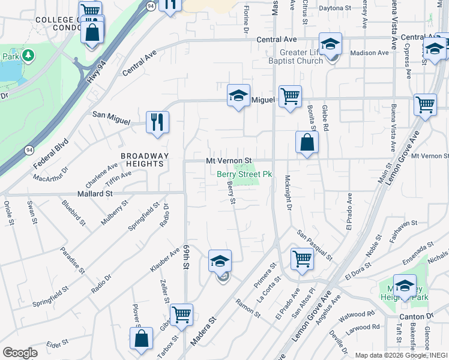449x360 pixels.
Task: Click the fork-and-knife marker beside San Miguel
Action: [157, 121]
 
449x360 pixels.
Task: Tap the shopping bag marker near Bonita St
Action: [307, 143]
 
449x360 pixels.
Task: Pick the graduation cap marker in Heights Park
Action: [405, 285]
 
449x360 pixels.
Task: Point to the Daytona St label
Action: [334, 8]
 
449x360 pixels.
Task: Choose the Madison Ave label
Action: [366, 53]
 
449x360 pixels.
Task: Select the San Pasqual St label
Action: [314, 244]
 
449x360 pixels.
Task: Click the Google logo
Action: [20, 353]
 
